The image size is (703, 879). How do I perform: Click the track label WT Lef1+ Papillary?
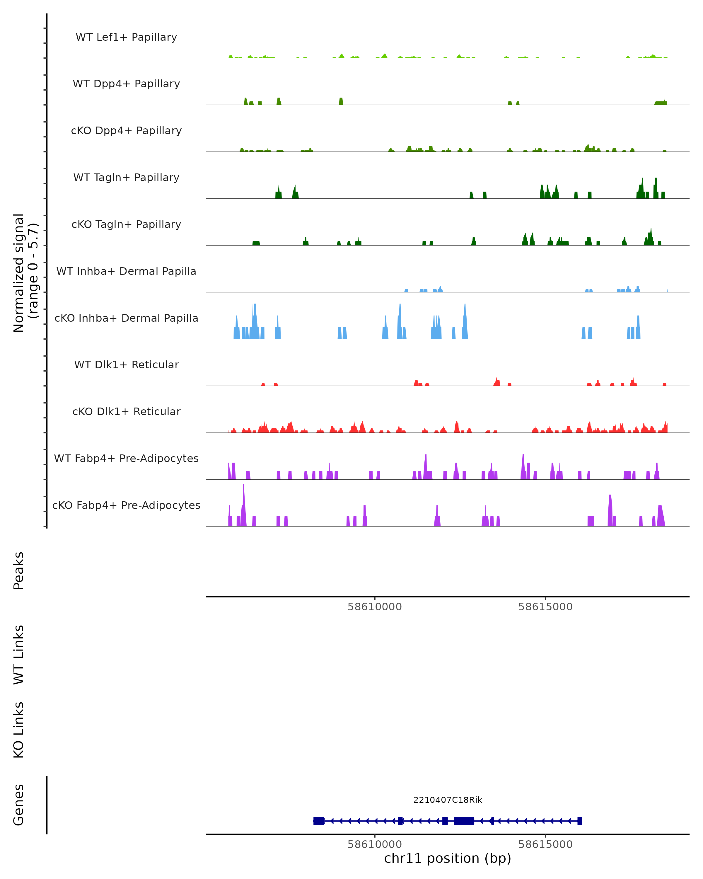click(126, 37)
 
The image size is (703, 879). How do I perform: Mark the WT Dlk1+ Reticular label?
click(126, 364)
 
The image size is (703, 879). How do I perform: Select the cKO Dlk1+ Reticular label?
click(126, 411)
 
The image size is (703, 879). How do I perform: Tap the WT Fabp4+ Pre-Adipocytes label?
click(126, 458)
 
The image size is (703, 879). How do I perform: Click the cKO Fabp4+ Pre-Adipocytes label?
click(126, 505)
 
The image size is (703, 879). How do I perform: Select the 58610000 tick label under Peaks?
click(375, 607)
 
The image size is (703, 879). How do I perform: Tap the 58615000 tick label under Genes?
click(545, 844)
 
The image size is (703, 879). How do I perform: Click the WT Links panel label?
click(19, 655)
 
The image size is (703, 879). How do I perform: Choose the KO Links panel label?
click(19, 730)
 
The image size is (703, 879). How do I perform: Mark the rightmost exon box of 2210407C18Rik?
click(579, 821)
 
